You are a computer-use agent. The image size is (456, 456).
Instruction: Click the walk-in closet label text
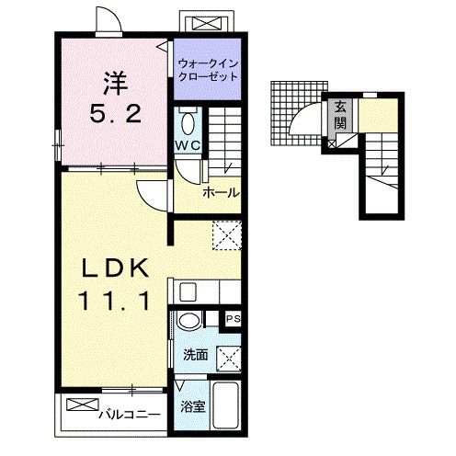[x=208, y=70]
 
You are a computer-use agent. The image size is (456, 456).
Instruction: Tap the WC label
[x=188, y=145]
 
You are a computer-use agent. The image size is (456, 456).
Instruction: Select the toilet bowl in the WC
[x=188, y=123]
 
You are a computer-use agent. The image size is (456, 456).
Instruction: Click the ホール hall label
[x=221, y=193]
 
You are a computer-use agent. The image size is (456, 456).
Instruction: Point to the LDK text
[x=116, y=268]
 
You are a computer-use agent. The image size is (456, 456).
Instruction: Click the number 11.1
[x=115, y=300]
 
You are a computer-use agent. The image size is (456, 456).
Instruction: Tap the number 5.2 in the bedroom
[x=116, y=113]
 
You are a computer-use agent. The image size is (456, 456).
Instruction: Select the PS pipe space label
[x=233, y=319]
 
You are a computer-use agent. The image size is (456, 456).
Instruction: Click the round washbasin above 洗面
[x=189, y=321]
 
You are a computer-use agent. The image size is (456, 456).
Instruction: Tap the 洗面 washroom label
[x=196, y=355]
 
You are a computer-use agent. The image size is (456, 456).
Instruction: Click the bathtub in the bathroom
[x=225, y=405]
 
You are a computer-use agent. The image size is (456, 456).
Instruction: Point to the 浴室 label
[x=193, y=407]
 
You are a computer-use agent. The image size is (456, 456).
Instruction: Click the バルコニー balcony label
[x=129, y=415]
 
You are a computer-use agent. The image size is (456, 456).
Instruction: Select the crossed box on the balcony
[x=83, y=405]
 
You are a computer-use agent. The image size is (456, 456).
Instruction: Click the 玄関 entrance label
[x=340, y=115]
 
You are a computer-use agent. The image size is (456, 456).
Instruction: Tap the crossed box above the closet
[x=207, y=24]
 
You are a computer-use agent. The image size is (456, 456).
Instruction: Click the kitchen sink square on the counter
[x=188, y=291]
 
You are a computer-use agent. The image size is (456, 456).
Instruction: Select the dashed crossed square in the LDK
[x=227, y=235]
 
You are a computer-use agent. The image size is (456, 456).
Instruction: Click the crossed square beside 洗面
[x=229, y=359]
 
